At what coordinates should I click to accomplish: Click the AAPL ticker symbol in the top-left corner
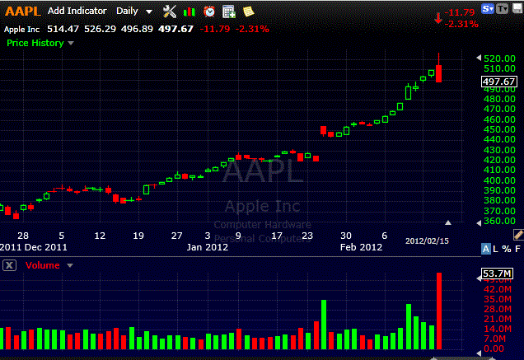[x=21, y=12]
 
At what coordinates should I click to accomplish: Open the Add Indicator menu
[x=77, y=12]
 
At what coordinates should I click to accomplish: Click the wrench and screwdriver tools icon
[x=171, y=12]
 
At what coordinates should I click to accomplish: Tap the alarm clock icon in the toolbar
[x=209, y=12]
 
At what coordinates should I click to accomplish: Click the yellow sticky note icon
[x=248, y=12]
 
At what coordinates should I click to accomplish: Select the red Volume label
[x=42, y=265]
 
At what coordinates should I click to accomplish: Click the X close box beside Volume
[x=9, y=265]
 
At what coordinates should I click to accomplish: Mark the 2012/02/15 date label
[x=426, y=241]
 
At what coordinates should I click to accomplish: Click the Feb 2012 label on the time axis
[x=362, y=247]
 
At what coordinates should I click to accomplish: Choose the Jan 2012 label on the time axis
[x=207, y=247]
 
